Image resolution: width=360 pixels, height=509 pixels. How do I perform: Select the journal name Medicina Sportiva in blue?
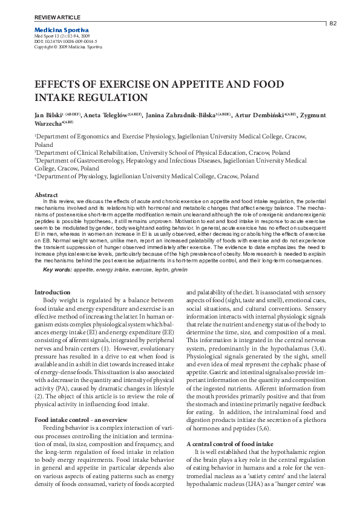62,30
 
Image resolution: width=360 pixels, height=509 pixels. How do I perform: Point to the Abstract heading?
46,195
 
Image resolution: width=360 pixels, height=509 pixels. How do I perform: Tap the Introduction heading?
53,293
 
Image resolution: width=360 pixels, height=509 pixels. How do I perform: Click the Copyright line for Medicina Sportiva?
68,47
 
